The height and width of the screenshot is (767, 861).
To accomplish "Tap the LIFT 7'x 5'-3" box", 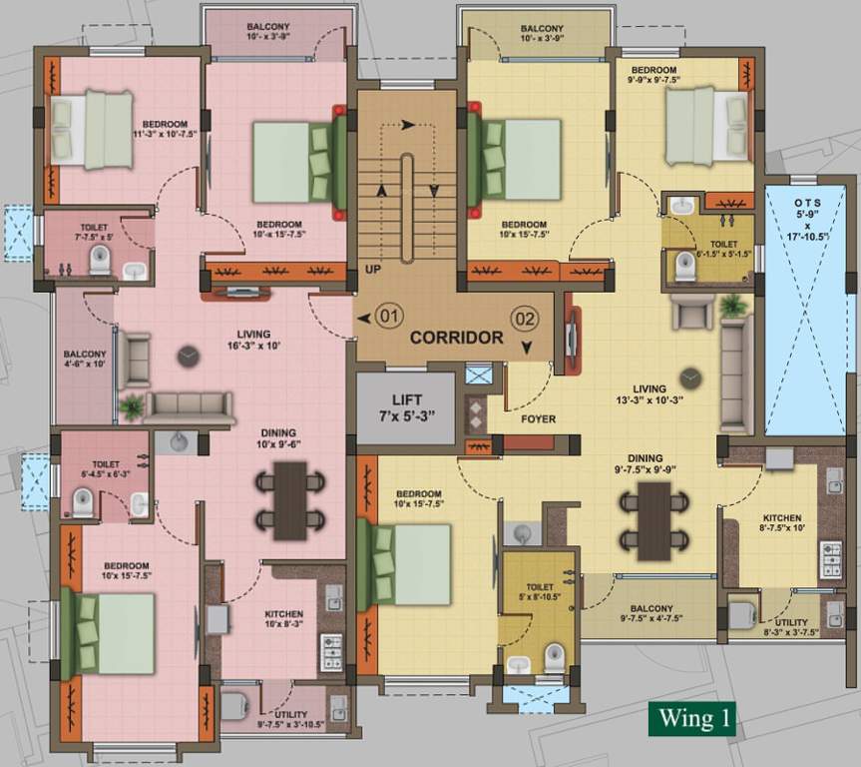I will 408,407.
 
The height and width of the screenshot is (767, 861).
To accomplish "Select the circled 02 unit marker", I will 525,319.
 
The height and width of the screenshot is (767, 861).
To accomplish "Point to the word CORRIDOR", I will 456,338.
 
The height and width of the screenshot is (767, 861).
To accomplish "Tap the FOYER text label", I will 539,419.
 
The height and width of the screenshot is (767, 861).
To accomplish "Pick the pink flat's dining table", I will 290,500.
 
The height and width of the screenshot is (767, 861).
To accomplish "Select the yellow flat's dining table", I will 654,520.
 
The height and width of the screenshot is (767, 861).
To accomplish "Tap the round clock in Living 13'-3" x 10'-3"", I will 690,378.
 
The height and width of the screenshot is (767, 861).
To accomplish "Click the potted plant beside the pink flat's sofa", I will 131,407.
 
